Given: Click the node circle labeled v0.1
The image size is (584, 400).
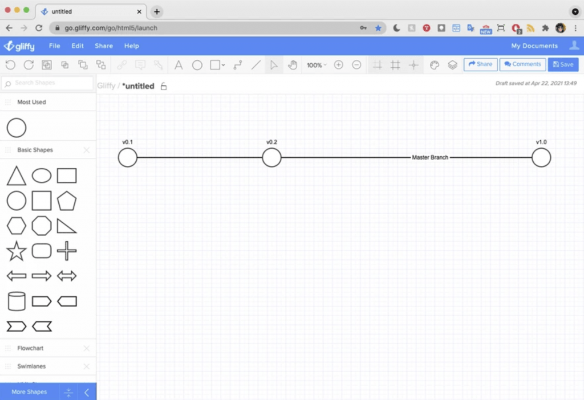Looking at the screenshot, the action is [x=127, y=148].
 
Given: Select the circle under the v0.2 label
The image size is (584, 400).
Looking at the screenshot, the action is [x=271, y=148].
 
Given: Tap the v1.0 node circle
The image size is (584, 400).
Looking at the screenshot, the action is [x=541, y=148].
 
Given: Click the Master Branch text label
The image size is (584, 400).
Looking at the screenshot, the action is [x=430, y=157].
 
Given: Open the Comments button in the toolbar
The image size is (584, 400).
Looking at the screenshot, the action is [x=522, y=64].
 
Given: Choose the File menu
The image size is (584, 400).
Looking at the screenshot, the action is [x=54, y=46].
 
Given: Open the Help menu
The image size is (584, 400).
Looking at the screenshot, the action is [x=132, y=46].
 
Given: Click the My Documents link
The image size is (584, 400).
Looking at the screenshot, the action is [x=534, y=46].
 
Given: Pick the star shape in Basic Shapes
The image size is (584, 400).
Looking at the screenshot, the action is [x=17, y=251].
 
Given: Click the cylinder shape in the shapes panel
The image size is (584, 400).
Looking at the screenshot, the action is [x=17, y=301].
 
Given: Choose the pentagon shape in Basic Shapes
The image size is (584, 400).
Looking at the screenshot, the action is [x=67, y=201].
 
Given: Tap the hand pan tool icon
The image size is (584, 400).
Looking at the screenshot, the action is [x=293, y=65].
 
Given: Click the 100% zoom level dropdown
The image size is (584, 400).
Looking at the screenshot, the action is [x=316, y=65].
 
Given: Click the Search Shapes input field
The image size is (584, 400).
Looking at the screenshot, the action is [x=48, y=83].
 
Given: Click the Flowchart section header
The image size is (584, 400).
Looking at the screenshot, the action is [x=30, y=348].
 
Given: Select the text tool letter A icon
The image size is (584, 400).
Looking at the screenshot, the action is [x=179, y=65].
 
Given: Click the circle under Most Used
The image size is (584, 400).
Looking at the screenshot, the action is [x=17, y=119].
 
